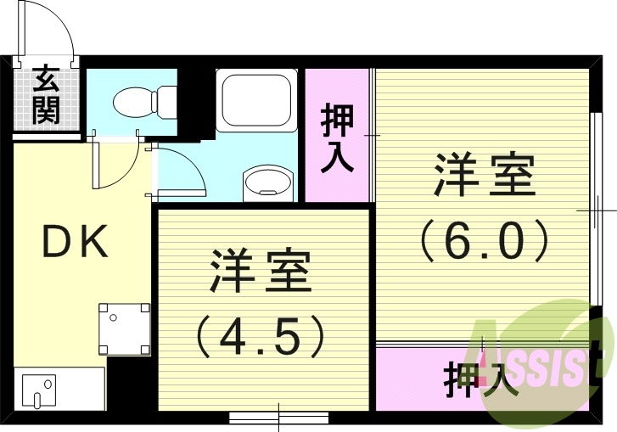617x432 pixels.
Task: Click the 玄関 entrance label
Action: click(x=47, y=97)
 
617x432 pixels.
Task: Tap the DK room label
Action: click(x=76, y=244)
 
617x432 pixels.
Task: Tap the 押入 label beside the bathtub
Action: click(x=337, y=138)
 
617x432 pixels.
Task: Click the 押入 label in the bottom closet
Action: click(x=480, y=379)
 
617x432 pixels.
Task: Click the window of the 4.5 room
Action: click(x=278, y=418)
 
